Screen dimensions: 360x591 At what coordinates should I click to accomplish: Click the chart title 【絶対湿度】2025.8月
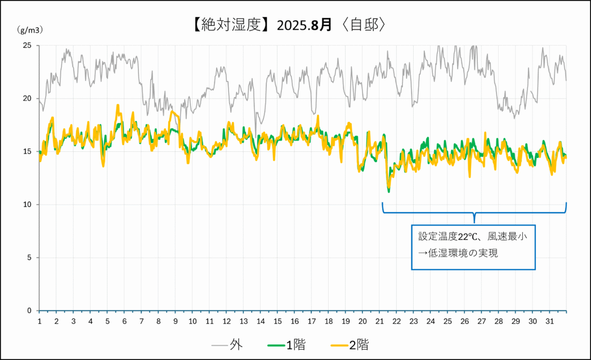[x=261, y=25]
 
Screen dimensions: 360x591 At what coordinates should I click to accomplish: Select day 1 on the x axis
[x=39, y=321]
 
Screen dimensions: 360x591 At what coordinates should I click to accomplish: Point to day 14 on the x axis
[x=261, y=321]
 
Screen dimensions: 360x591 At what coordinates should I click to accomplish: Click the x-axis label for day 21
[x=379, y=321]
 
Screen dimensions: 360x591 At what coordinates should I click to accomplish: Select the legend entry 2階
[x=359, y=345]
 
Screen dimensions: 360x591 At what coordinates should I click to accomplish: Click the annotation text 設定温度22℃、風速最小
[x=472, y=237]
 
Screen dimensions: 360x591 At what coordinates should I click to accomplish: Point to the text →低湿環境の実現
[x=458, y=253]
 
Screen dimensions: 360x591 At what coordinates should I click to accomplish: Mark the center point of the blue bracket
[x=474, y=214]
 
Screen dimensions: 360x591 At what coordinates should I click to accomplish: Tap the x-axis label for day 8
[x=158, y=321]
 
